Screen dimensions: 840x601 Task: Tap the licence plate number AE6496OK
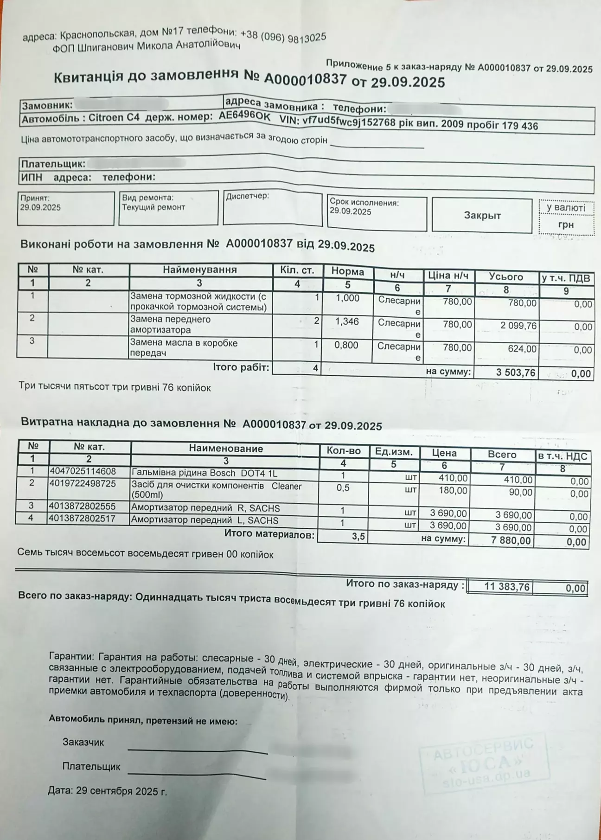pyautogui.click(x=244, y=117)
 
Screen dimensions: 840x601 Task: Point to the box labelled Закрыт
pyautogui.click(x=482, y=216)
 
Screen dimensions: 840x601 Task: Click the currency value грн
pyautogui.click(x=566, y=225)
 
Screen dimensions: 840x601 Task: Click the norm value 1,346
pyautogui.click(x=347, y=321)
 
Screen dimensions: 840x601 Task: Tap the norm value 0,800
pyautogui.click(x=346, y=346)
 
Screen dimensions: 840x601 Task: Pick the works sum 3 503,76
pyautogui.click(x=516, y=372)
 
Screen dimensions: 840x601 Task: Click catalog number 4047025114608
pyautogui.click(x=83, y=472)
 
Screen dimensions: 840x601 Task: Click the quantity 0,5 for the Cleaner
pyautogui.click(x=343, y=488)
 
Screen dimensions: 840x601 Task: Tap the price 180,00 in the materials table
pyautogui.click(x=453, y=491)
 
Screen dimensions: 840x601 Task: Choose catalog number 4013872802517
pyautogui.click(x=82, y=519)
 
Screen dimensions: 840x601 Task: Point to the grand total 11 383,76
pyautogui.click(x=506, y=587)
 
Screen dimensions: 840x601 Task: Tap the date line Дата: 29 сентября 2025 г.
pyautogui.click(x=107, y=791)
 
